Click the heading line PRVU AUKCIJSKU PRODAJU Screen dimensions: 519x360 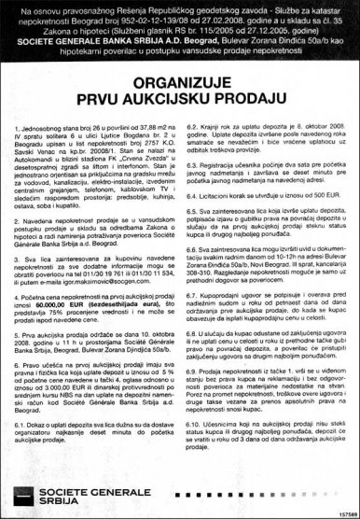[x=180, y=97]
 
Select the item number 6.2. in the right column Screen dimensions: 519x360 [x=196, y=125]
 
